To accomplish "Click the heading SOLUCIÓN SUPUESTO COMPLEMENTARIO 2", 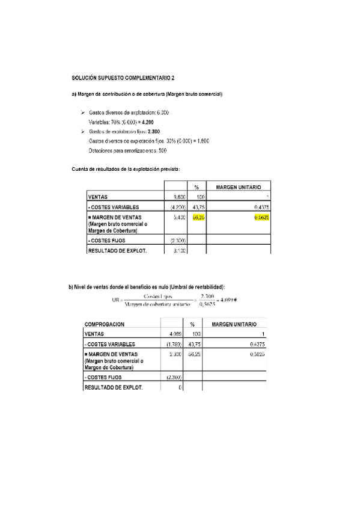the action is coord(123,78).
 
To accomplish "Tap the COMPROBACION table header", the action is coord(105,324).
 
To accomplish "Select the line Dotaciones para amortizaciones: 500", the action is coord(127,150).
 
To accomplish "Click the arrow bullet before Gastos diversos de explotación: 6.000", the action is coord(82,112).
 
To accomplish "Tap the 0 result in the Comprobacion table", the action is coord(180,387).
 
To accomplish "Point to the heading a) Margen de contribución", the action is coord(147,94).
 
